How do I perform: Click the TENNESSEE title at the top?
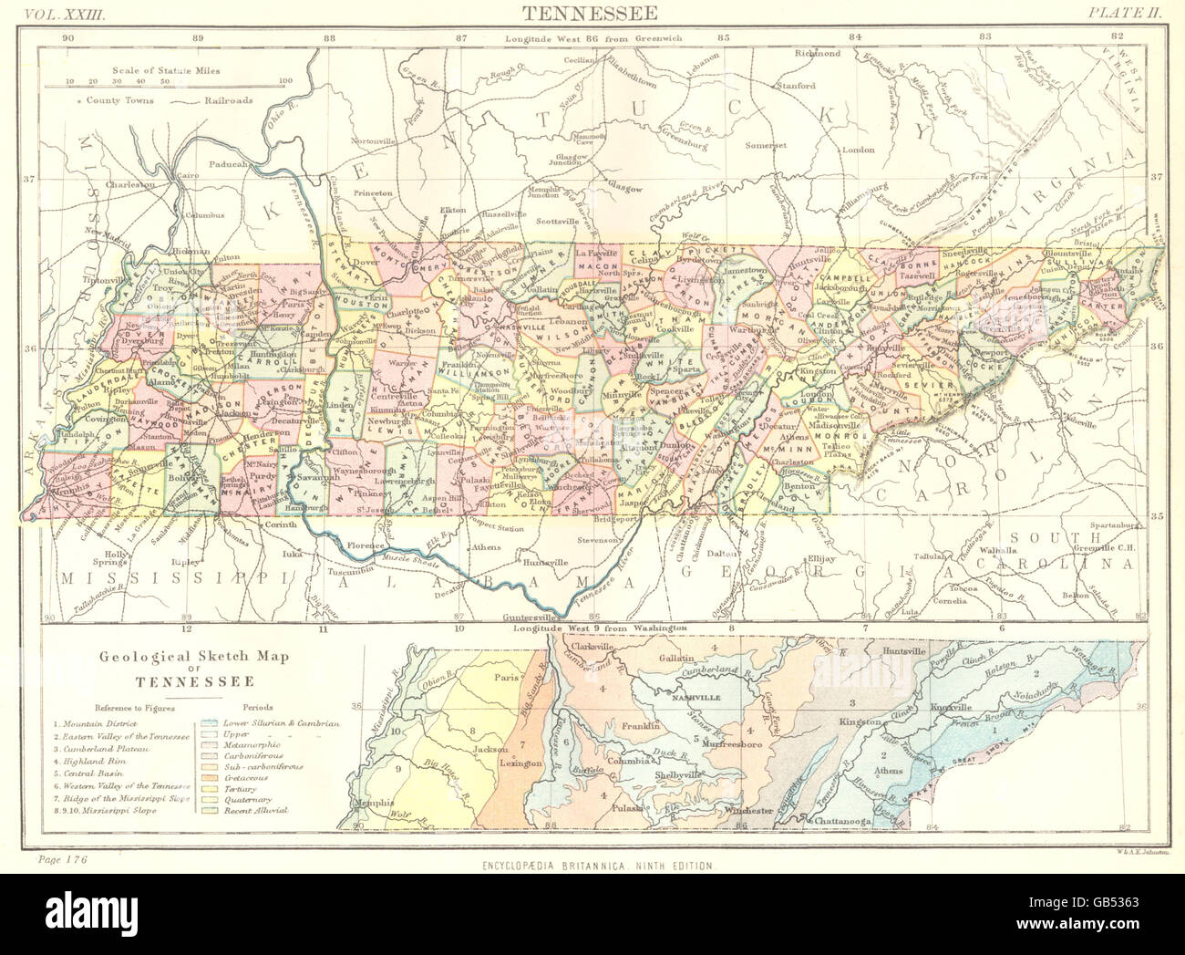point(592,12)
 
